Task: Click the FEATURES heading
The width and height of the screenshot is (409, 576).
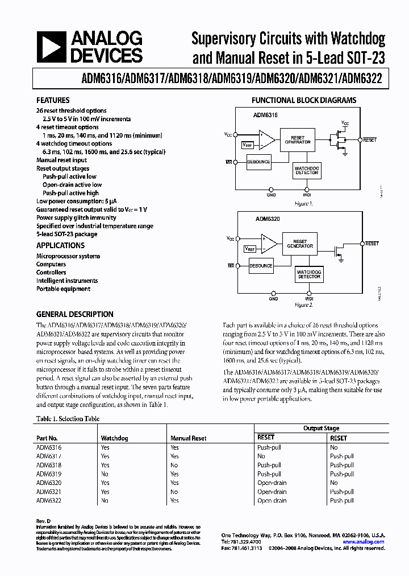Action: click(x=53, y=100)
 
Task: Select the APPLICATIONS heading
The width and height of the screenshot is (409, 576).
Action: click(x=60, y=245)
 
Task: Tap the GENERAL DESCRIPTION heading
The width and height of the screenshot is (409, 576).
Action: click(x=74, y=314)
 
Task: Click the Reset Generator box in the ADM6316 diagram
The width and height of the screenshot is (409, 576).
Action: click(x=297, y=140)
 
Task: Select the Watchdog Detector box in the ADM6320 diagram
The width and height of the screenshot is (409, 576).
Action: click(x=309, y=274)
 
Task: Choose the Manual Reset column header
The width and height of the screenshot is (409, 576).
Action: click(x=188, y=438)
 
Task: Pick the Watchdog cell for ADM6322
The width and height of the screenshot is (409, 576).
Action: click(x=105, y=500)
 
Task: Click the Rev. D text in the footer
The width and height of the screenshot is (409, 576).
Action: click(x=44, y=521)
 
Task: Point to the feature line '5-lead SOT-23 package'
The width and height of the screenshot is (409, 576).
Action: click(x=66, y=234)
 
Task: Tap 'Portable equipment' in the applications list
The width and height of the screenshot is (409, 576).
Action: click(x=63, y=289)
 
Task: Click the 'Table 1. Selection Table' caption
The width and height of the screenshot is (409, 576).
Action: click(x=68, y=419)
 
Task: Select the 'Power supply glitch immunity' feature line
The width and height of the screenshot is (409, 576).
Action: click(x=76, y=217)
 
